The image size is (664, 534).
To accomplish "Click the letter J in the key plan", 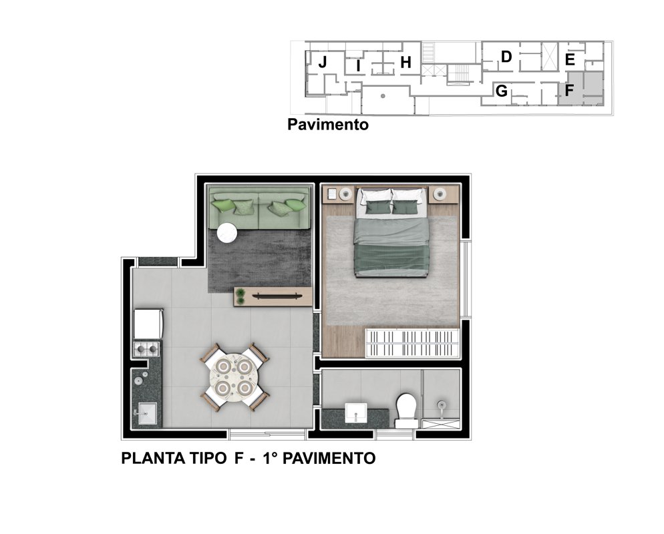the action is (x=323, y=62).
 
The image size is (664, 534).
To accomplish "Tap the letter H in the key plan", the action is (x=405, y=63).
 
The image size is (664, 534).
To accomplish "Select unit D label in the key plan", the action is (x=506, y=57).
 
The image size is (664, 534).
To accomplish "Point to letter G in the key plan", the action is (x=502, y=91).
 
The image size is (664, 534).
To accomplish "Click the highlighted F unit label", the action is (x=569, y=90).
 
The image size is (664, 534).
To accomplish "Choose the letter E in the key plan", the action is (x=570, y=59).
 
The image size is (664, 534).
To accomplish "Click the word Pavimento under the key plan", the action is (x=328, y=124).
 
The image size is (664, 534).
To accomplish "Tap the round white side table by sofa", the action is (x=227, y=233).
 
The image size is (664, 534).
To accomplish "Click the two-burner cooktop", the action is (x=146, y=349).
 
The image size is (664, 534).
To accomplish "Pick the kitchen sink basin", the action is (x=145, y=413).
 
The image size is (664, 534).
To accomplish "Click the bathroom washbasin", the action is (x=355, y=413).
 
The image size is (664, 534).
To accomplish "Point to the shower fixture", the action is (x=442, y=405).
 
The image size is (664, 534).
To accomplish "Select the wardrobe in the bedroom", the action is (x=412, y=342).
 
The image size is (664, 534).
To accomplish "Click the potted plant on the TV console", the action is (x=240, y=296).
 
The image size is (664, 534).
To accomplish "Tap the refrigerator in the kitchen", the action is (x=148, y=324).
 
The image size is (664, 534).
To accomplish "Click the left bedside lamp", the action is (x=345, y=194).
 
